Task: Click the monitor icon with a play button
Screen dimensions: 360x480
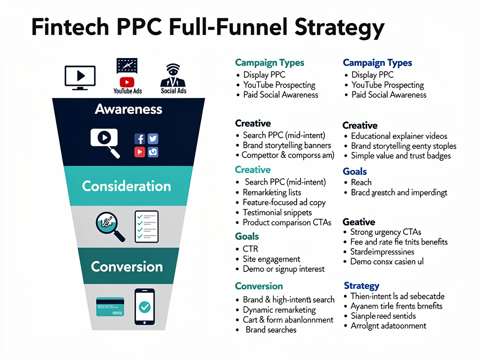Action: (x=80, y=76)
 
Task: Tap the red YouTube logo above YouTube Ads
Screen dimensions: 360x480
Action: (x=127, y=82)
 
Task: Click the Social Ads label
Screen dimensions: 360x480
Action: (x=174, y=90)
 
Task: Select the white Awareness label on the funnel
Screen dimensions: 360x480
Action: (x=128, y=110)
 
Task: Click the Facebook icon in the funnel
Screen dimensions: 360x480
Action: (x=140, y=138)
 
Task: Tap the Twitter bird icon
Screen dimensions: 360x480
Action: (x=153, y=138)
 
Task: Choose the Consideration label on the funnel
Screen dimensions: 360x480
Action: (x=127, y=186)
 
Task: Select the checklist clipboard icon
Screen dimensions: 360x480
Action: (x=146, y=227)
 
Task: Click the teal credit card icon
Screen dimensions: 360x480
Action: (x=110, y=307)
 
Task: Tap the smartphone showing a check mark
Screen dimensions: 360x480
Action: (x=144, y=307)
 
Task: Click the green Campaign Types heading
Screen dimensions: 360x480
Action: (x=270, y=63)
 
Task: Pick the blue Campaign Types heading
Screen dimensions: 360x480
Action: (x=377, y=63)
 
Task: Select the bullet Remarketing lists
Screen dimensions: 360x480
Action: (x=272, y=192)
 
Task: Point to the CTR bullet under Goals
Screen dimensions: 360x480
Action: (x=250, y=249)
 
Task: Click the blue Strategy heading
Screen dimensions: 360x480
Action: (x=361, y=285)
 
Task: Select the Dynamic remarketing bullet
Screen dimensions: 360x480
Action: (x=279, y=310)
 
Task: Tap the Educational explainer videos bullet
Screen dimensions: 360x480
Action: (x=399, y=136)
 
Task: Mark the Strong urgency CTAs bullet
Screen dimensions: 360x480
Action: (x=385, y=232)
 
